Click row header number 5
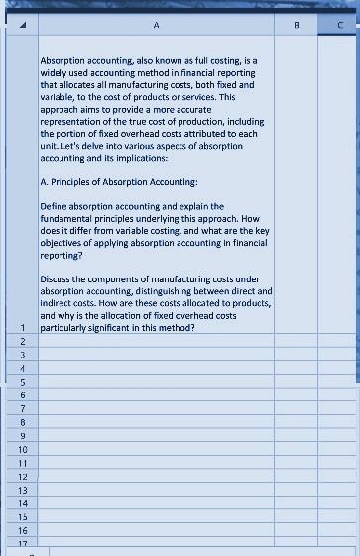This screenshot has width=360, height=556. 21,381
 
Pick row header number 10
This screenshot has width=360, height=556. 21,449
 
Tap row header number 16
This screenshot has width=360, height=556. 21,531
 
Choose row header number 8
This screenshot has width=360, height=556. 21,421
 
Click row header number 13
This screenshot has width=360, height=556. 21,490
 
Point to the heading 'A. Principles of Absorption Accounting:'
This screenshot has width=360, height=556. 119,182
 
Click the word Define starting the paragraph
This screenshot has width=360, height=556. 56,207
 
